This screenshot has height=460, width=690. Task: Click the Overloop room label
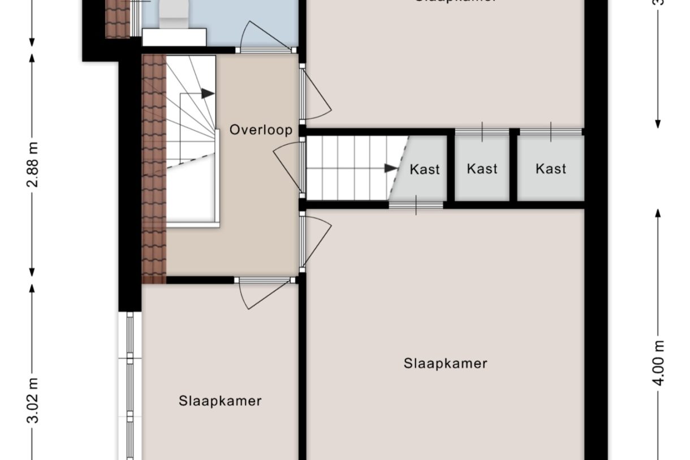(261, 130)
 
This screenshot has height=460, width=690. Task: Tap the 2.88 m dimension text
(34, 164)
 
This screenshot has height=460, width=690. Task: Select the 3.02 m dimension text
(34, 401)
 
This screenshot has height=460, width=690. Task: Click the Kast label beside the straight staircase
(424, 169)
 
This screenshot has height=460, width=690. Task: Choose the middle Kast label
(482, 169)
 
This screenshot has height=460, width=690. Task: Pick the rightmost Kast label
(551, 169)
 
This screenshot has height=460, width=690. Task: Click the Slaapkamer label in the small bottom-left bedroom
(220, 401)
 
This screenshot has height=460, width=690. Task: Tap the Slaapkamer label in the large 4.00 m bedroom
(445, 363)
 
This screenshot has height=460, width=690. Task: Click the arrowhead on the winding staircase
(208, 93)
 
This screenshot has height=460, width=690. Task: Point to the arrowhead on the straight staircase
(390, 168)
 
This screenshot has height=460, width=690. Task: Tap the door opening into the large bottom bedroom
(317, 240)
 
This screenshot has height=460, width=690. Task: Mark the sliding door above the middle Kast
(482, 132)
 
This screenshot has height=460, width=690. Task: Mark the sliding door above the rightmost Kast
(551, 132)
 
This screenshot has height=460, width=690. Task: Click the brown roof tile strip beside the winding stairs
(153, 170)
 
